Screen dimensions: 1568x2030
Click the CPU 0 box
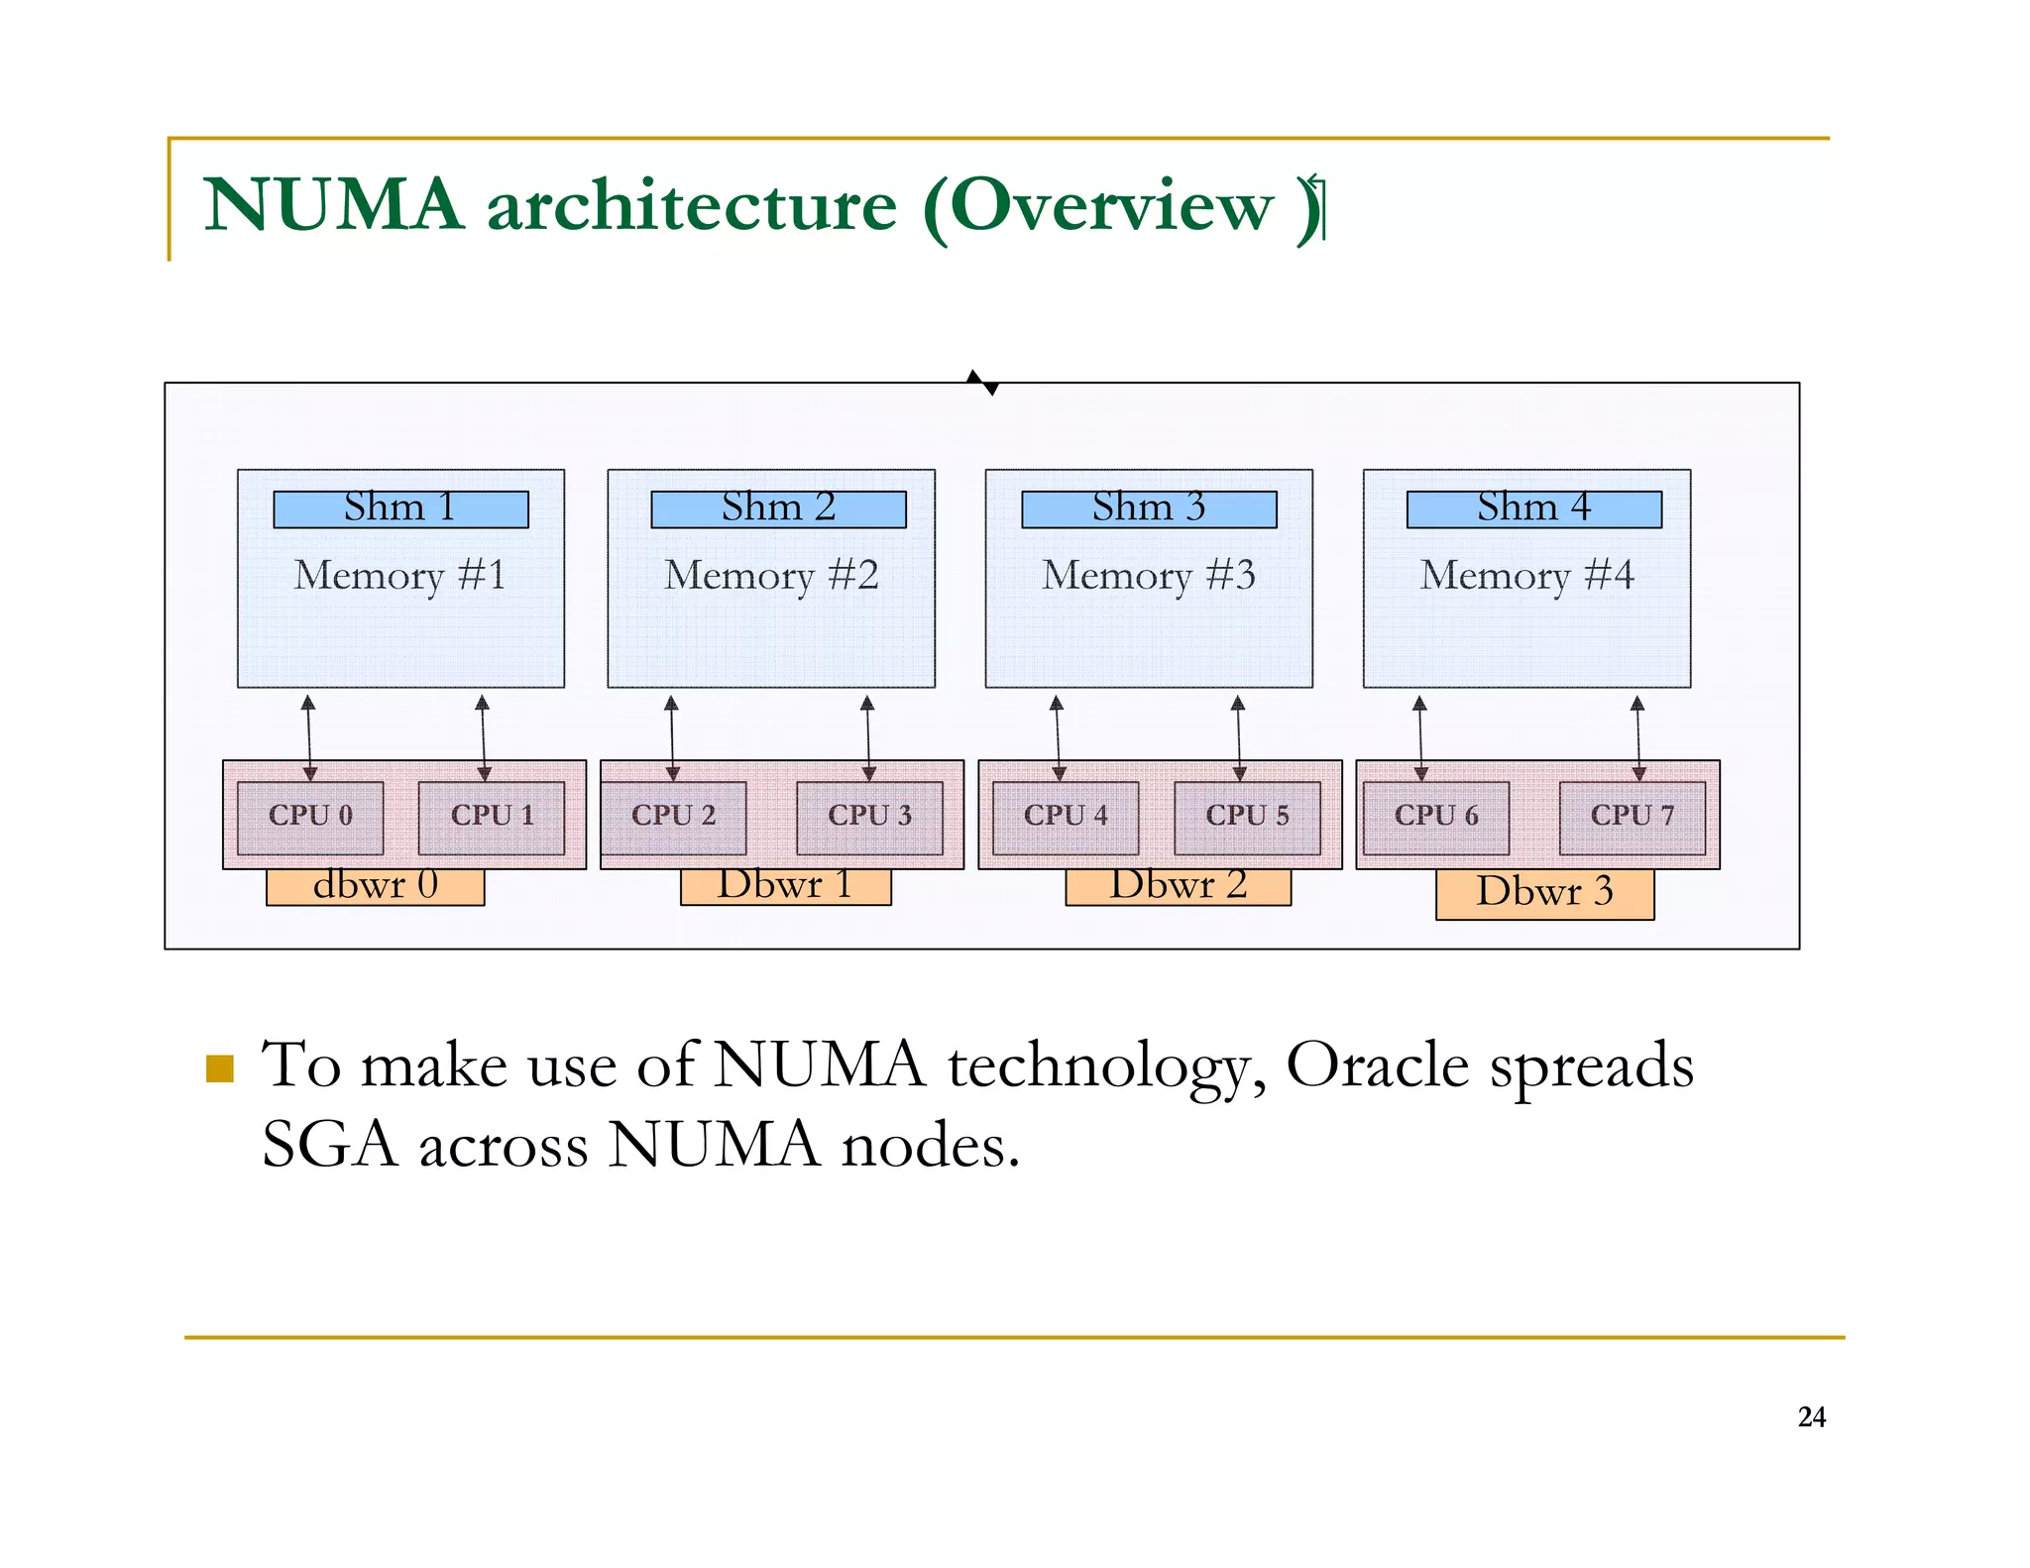point(310,818)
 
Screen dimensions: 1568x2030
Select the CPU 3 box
point(869,818)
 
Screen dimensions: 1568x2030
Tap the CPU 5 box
point(1247,818)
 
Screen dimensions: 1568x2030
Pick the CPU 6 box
point(1435,818)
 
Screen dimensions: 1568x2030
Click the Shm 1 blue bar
point(400,509)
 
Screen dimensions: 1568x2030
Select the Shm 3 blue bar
point(1149,509)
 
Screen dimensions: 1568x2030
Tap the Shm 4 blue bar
point(1533,509)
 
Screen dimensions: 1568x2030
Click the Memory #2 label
point(771,576)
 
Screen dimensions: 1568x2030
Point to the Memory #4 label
point(1526,576)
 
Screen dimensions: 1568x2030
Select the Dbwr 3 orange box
point(1544,894)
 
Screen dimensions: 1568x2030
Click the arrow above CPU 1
point(483,738)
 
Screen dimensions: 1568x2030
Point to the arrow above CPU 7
point(1637,738)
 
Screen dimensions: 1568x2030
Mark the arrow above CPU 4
point(1058,738)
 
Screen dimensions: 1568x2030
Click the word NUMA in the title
point(334,205)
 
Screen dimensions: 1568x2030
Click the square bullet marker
point(219,1068)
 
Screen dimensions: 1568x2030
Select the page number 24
point(1811,1417)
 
